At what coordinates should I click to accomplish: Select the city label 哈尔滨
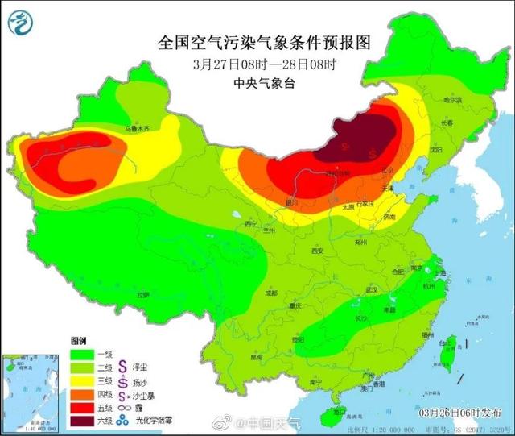pyautogui.click(x=454, y=99)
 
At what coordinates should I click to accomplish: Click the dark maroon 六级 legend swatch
pyautogui.click(x=82, y=420)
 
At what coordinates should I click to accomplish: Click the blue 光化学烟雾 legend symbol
pyautogui.click(x=124, y=420)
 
